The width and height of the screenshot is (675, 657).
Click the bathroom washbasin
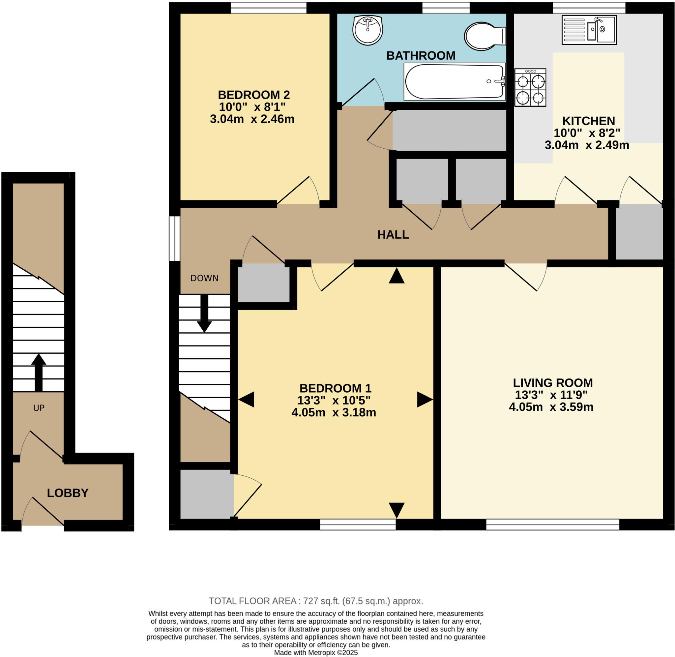click(x=368, y=30)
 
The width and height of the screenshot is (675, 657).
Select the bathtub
click(x=454, y=82)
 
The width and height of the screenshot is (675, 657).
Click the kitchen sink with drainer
click(x=589, y=30)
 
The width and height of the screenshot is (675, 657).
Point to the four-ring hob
click(x=530, y=87)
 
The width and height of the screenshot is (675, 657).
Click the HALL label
click(x=393, y=235)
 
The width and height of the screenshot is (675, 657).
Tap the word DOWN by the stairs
click(x=204, y=278)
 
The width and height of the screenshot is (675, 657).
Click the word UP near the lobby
click(x=39, y=408)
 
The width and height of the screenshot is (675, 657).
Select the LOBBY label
click(x=68, y=493)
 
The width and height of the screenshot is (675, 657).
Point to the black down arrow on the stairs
click(x=204, y=314)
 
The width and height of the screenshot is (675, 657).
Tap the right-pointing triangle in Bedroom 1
click(x=424, y=399)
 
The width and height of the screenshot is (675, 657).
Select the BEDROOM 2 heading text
click(x=253, y=95)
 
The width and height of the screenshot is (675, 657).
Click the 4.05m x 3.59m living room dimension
click(x=551, y=407)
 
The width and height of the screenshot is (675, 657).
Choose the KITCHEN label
click(x=588, y=121)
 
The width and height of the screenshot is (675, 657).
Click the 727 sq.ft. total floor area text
click(x=316, y=601)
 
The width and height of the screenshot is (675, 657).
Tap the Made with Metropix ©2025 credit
click(x=316, y=652)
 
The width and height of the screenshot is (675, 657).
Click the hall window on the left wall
click(x=175, y=238)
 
